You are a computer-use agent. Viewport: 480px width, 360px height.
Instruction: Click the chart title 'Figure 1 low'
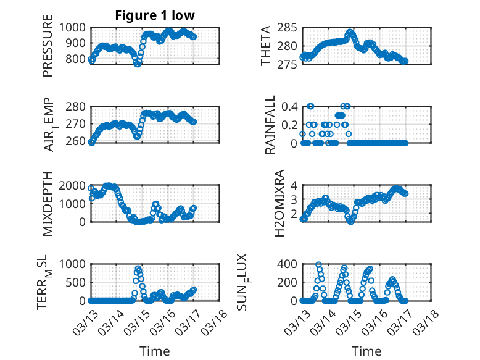[155, 15]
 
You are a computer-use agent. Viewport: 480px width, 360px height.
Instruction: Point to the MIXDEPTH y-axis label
[48, 203]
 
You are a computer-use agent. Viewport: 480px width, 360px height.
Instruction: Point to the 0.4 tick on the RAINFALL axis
[290, 106]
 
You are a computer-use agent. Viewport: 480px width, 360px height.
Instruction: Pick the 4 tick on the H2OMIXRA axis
[295, 185]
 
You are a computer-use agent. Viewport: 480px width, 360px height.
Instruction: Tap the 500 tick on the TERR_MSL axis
[79, 282]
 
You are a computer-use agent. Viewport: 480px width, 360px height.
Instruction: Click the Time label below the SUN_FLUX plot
[366, 351]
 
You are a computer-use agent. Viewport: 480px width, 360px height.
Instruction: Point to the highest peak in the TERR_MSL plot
[139, 269]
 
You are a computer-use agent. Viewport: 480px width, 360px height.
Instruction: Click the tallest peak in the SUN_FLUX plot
[319, 265]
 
